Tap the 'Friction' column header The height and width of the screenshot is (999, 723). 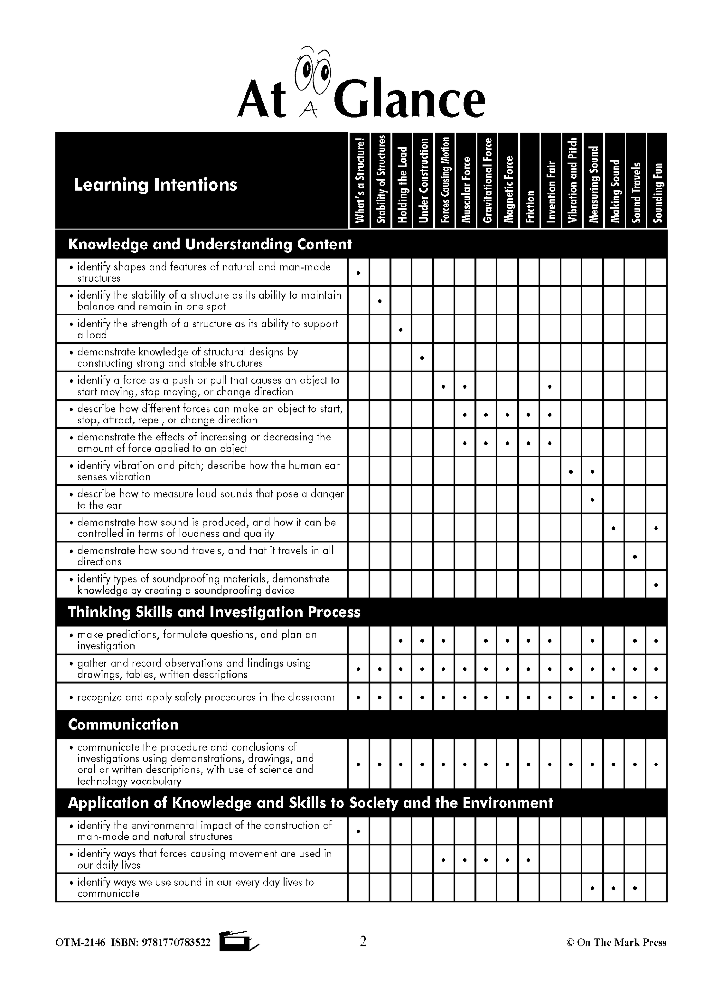(x=530, y=206)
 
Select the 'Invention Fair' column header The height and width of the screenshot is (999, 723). (x=551, y=192)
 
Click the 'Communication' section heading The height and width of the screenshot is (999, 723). (x=123, y=724)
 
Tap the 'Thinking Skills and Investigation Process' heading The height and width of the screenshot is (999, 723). (x=214, y=612)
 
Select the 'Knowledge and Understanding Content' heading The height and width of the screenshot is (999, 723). (x=210, y=245)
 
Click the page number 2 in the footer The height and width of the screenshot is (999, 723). (x=363, y=941)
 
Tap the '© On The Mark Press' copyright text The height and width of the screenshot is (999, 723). (x=616, y=942)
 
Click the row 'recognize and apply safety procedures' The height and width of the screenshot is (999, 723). (x=206, y=697)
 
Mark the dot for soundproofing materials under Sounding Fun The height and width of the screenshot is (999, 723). (x=656, y=585)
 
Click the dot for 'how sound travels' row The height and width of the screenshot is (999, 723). (x=635, y=556)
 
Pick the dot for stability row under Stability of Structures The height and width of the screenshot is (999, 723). (x=380, y=301)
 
